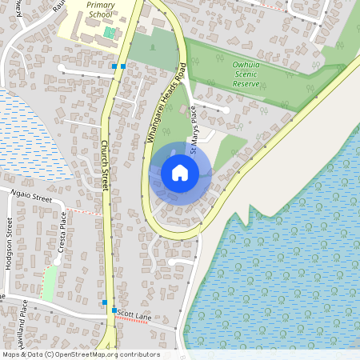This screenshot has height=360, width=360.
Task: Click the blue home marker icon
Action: tap(180, 172)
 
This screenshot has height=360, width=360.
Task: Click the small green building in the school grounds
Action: tap(110, 32)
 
